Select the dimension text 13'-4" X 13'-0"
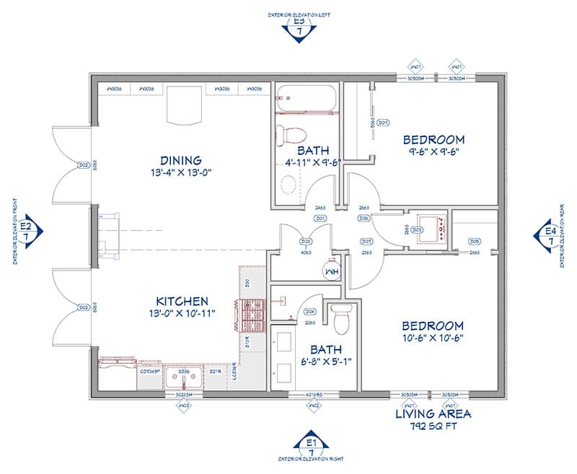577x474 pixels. pyautogui.click(x=180, y=173)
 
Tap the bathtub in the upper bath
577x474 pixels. pyautogui.click(x=306, y=100)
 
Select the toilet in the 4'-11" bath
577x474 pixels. pyautogui.click(x=292, y=133)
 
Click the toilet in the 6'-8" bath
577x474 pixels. pyautogui.click(x=340, y=314)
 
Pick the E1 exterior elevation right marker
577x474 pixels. pyautogui.click(x=312, y=446)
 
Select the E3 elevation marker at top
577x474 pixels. pyautogui.click(x=299, y=27)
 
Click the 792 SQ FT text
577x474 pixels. pyautogui.click(x=433, y=426)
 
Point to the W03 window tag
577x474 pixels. pyautogui.click(x=184, y=405)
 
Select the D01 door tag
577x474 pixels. pyautogui.click(x=320, y=217)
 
